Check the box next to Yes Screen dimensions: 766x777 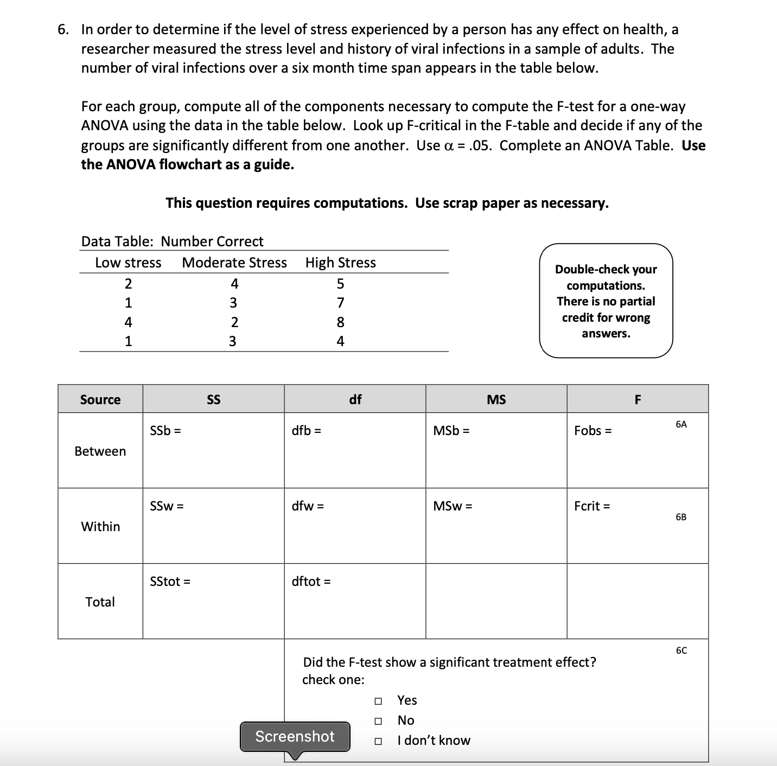[x=378, y=701]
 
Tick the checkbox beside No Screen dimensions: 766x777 [x=378, y=721]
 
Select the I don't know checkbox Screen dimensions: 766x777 [x=378, y=741]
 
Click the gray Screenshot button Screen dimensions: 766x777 [x=295, y=736]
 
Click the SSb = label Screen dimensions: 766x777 [x=165, y=431]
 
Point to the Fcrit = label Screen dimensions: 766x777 [x=592, y=506]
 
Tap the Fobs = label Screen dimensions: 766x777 [x=593, y=431]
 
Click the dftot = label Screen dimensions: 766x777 [x=311, y=582]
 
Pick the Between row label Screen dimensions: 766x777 [x=100, y=451]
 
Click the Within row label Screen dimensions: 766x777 [x=100, y=527]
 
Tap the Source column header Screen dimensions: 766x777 [x=100, y=400]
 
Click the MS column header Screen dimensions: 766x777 [x=496, y=400]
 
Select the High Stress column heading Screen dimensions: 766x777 [x=340, y=263]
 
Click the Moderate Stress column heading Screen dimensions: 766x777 [x=234, y=263]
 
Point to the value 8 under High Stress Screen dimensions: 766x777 [x=340, y=322]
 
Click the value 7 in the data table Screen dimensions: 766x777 [x=340, y=303]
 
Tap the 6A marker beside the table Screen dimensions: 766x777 [x=682, y=424]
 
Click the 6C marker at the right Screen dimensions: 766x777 [x=682, y=650]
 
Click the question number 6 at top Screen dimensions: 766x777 [x=63, y=29]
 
